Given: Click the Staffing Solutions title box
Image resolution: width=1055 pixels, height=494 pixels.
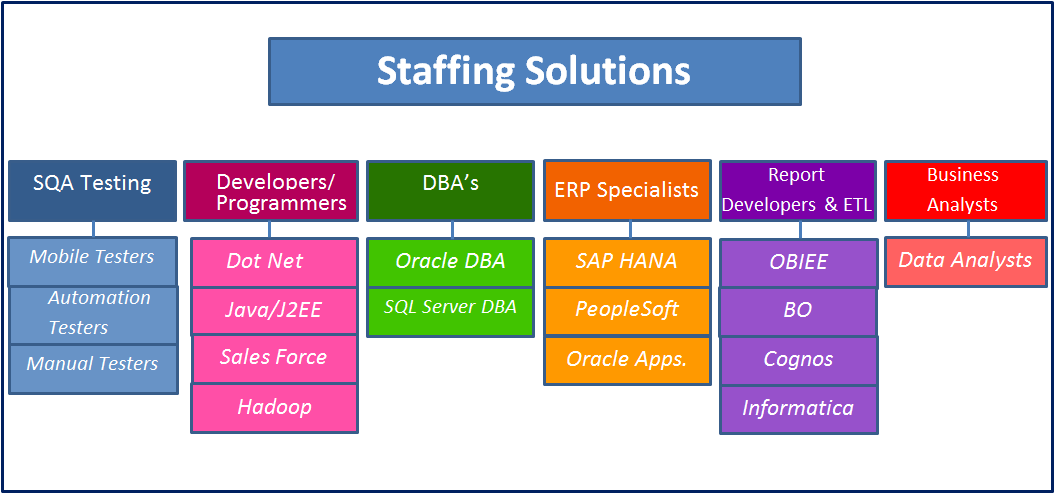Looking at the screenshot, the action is point(535,71).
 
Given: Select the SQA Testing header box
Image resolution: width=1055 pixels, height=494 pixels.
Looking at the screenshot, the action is point(92,191).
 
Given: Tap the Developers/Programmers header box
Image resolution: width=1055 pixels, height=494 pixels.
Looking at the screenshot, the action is point(271,191).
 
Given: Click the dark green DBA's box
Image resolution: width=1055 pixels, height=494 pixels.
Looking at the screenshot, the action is point(451,191).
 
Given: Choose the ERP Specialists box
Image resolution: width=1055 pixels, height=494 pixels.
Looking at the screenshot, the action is point(627,190).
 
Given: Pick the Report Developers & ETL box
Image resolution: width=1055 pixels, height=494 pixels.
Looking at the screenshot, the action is point(797,191).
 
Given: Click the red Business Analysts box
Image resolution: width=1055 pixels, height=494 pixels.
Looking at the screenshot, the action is point(966,191).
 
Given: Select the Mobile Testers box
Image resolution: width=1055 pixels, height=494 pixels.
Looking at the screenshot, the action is point(93,261).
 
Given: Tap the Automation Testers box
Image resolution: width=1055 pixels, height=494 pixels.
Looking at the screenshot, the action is point(94,315).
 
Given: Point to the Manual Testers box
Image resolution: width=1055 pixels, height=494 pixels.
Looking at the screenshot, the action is point(94,369).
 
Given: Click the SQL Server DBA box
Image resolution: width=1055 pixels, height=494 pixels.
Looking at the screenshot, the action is point(451,312).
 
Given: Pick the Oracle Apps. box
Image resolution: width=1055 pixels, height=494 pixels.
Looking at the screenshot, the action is point(627,361).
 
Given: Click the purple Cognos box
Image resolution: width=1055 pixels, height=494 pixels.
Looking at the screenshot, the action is point(799,361).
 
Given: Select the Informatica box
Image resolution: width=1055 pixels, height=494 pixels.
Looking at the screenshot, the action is point(799,409).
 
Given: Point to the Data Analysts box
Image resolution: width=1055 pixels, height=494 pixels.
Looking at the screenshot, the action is point(966,262).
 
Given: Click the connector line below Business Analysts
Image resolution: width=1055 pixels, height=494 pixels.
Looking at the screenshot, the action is point(968,230).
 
